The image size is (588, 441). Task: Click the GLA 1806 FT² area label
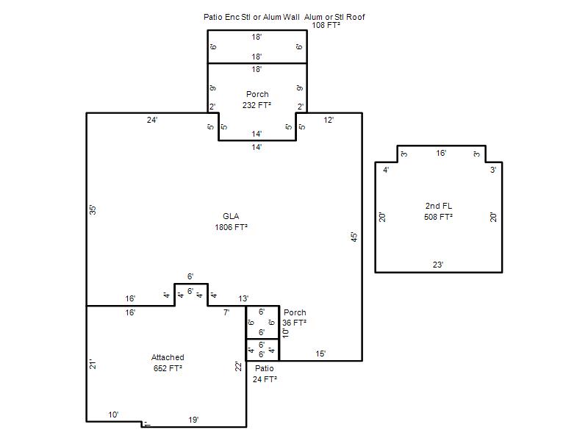[x=231, y=222]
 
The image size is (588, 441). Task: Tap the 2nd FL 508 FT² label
[x=438, y=212]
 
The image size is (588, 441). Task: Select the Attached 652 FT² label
[x=168, y=362]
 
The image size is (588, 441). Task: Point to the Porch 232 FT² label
[x=257, y=100]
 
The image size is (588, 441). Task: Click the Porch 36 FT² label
[x=295, y=318]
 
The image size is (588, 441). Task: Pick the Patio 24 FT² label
[x=265, y=374]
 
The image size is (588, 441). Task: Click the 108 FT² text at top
[x=326, y=25]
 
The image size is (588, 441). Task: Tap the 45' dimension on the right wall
[x=354, y=237]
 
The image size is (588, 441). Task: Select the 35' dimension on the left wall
[x=93, y=210]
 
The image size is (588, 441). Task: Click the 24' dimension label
[x=152, y=120]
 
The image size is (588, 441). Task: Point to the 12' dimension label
[x=329, y=120]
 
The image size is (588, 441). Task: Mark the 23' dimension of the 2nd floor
[x=438, y=265]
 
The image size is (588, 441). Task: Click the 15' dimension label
[x=320, y=354]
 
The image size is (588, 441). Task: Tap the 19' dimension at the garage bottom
[x=193, y=420]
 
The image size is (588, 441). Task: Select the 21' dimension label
[x=93, y=364]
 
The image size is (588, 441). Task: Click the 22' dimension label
[x=238, y=366]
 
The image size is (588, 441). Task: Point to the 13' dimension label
[x=243, y=298]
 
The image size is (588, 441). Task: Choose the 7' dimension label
[x=226, y=312]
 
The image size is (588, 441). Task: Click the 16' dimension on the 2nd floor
[x=441, y=153]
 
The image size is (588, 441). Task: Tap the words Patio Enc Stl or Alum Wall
[x=251, y=17]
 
